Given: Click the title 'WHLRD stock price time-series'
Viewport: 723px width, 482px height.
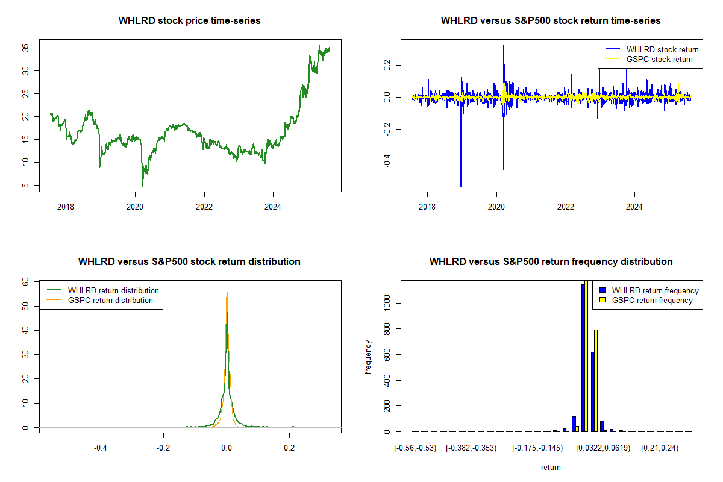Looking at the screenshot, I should click(x=190, y=21).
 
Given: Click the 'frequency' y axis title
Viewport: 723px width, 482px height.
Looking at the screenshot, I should click(x=368, y=357).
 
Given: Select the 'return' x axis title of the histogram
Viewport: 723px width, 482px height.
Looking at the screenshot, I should click(x=551, y=467).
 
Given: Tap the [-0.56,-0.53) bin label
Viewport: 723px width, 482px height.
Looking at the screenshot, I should click(x=415, y=448).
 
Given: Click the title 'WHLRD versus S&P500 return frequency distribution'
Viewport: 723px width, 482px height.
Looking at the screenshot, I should click(x=551, y=262).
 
